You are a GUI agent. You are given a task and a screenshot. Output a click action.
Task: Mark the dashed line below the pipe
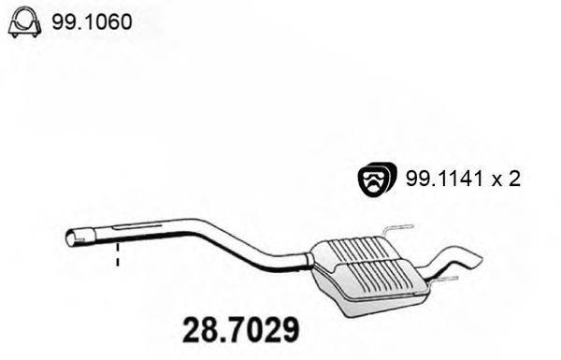click(118, 258)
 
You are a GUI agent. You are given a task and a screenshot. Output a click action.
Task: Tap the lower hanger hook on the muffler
click(444, 278)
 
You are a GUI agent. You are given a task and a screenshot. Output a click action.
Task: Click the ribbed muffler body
click(369, 271)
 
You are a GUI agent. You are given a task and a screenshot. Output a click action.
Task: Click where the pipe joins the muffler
click(312, 256)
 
